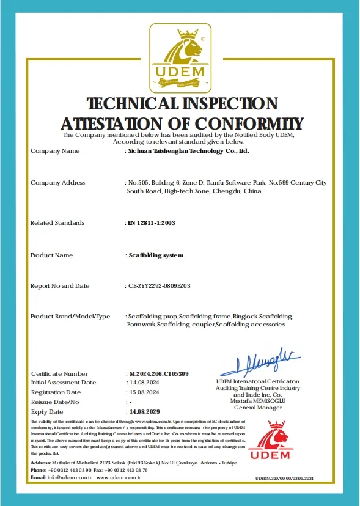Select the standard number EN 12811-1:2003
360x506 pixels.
pyautogui.click(x=150, y=222)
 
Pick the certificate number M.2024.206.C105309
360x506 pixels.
pyautogui.click(x=158, y=373)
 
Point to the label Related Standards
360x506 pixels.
pyautogui.click(x=57, y=222)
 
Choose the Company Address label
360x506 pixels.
pyautogui.click(x=57, y=183)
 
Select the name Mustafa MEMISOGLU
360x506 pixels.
pyautogui.click(x=258, y=401)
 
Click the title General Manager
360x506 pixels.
pyautogui.click(x=258, y=408)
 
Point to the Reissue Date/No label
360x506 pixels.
pyautogui.click(x=55, y=402)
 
